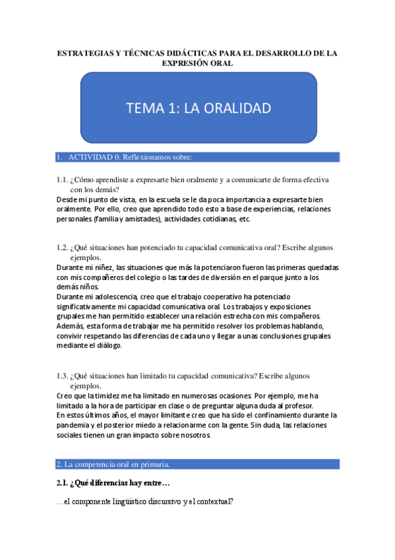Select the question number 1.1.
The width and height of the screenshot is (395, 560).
pyautogui.click(x=62, y=180)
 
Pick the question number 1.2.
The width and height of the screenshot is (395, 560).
pyautogui.click(x=62, y=248)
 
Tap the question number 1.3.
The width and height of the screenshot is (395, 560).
pyautogui.click(x=62, y=376)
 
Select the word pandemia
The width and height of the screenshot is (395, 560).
pyautogui.click(x=76, y=425)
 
